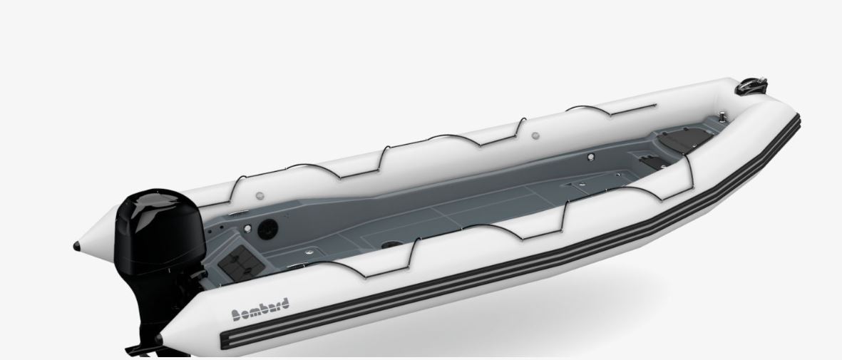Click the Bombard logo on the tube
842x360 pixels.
click(260, 309)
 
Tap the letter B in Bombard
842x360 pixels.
click(236, 315)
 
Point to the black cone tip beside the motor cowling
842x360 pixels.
click(77, 247)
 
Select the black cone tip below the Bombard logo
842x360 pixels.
click(160, 339)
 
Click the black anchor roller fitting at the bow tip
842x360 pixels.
click(753, 86)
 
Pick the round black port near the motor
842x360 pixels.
click(267, 230)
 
